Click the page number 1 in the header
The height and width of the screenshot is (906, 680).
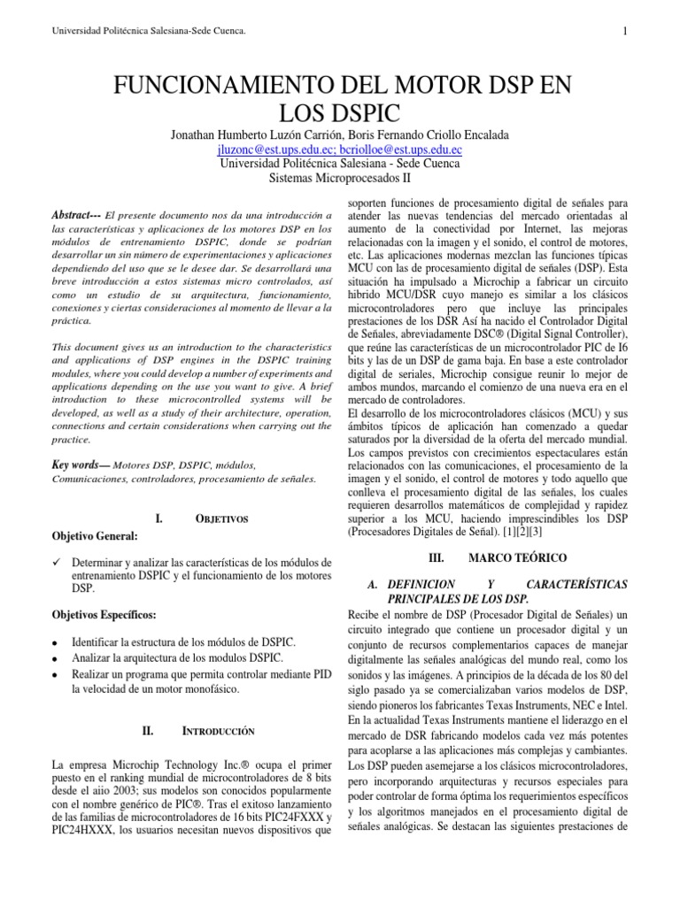point(625,33)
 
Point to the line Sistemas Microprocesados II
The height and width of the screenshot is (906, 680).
point(339,178)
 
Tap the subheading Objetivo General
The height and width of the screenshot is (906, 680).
point(96,536)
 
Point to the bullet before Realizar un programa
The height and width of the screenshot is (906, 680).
point(56,674)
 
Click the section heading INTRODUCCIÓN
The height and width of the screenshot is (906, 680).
point(219,732)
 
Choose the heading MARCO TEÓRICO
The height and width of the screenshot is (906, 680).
point(512,558)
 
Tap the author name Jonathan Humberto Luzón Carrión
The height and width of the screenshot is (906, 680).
point(246,134)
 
